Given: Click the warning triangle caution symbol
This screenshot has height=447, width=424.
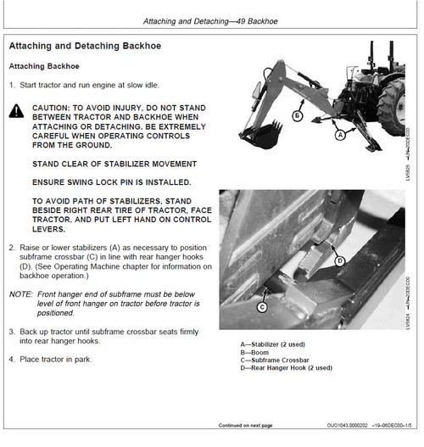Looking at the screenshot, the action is [x=16, y=111].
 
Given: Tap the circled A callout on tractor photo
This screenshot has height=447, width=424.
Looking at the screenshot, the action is [x=340, y=135].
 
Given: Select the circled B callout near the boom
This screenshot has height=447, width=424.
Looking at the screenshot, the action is [x=297, y=115].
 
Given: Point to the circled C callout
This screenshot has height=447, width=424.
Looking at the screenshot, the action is [x=262, y=307].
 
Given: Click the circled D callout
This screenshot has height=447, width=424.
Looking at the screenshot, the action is [x=340, y=261].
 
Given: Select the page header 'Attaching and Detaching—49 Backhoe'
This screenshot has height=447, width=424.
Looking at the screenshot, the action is [x=210, y=21].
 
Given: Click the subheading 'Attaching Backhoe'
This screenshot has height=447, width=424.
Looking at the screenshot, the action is [x=44, y=66].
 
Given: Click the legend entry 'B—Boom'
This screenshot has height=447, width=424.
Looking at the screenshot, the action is [x=254, y=352].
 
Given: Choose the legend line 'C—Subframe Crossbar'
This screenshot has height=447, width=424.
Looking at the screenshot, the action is [x=275, y=360].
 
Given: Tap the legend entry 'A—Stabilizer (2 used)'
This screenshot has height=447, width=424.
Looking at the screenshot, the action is [x=273, y=344].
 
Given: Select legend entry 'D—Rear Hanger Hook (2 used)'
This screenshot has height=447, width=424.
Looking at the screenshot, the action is [x=287, y=368].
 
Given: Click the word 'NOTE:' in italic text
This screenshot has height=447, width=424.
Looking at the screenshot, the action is [x=21, y=294].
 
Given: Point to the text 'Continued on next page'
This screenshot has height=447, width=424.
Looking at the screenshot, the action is [x=245, y=425].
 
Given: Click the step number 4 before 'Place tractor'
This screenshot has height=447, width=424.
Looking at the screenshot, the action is [x=11, y=359].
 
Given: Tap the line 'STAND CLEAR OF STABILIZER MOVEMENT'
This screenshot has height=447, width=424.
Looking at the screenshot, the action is [x=114, y=164].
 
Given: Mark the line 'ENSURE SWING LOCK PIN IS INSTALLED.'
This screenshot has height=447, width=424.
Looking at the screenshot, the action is [x=112, y=182].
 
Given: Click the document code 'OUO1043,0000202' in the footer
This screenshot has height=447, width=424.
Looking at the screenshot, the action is [x=347, y=426].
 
